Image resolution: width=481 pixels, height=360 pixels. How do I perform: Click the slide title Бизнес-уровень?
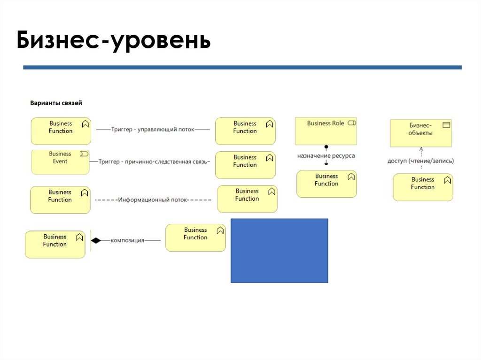pos(113,41)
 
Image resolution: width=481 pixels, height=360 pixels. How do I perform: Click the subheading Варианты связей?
pos(56,103)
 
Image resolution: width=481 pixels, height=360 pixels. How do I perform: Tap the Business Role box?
pos(326,130)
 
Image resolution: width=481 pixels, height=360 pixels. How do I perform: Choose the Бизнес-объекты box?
pos(421,133)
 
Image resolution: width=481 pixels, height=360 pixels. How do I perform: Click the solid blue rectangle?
pos(279,250)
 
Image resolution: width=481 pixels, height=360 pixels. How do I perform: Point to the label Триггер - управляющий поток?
pos(153,129)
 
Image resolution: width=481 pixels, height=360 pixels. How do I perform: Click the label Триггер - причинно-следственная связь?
pos(154,161)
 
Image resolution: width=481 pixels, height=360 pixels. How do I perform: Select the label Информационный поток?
pos(153,199)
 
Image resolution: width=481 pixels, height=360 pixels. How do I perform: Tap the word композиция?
pos(127,240)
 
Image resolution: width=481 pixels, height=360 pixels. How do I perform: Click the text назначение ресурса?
pos(326,155)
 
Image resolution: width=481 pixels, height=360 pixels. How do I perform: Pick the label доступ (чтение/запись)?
pos(421,161)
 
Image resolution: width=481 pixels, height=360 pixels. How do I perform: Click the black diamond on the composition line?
pos(96,240)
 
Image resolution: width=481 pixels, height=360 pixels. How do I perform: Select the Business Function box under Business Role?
pos(326,184)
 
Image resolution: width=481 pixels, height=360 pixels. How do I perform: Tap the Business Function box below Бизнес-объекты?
pos(423,187)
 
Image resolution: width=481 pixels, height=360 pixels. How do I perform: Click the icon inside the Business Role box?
pos(352,123)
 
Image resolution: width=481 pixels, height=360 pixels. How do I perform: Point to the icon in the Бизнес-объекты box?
pos(446,125)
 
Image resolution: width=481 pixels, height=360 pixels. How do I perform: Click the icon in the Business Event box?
pos(84,154)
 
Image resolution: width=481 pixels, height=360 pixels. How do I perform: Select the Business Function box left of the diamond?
pos(55,244)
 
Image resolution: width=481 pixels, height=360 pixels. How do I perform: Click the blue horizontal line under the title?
pos(242,68)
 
